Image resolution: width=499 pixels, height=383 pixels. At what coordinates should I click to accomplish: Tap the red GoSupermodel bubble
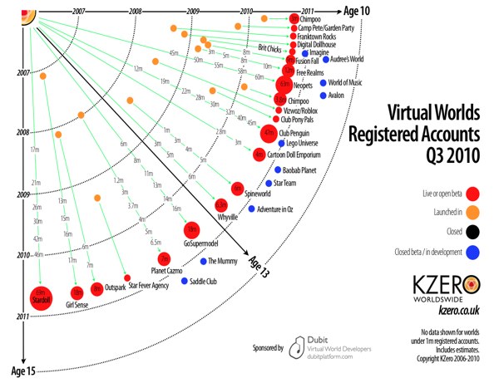click(x=191, y=228)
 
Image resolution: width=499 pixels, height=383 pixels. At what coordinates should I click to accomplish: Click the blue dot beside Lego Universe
click(x=281, y=145)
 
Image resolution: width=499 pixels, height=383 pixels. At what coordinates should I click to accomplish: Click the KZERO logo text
click(x=438, y=283)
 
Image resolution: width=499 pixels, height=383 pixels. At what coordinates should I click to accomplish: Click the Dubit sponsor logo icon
click(x=294, y=351)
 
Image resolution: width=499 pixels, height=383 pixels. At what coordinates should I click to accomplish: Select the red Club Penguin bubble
click(x=269, y=132)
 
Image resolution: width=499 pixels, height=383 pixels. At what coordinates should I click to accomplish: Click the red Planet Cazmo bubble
click(x=163, y=259)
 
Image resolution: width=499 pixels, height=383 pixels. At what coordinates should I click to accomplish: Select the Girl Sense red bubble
click(x=77, y=292)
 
